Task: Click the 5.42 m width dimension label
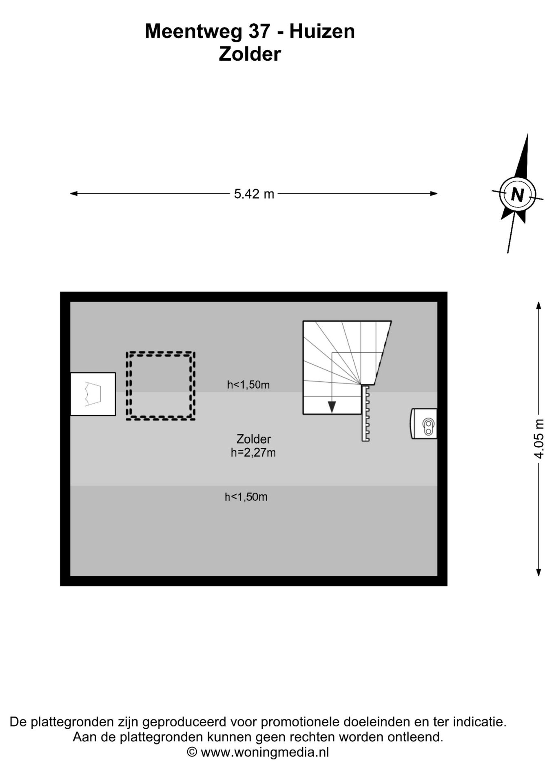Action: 254,194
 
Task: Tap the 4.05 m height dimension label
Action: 539,439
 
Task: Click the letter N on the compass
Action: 517,195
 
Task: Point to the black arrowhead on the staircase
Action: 332,407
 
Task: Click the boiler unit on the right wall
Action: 424,424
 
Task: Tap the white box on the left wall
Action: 93,394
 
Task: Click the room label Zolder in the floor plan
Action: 253,439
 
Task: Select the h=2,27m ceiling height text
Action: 253,452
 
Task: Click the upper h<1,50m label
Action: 248,385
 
